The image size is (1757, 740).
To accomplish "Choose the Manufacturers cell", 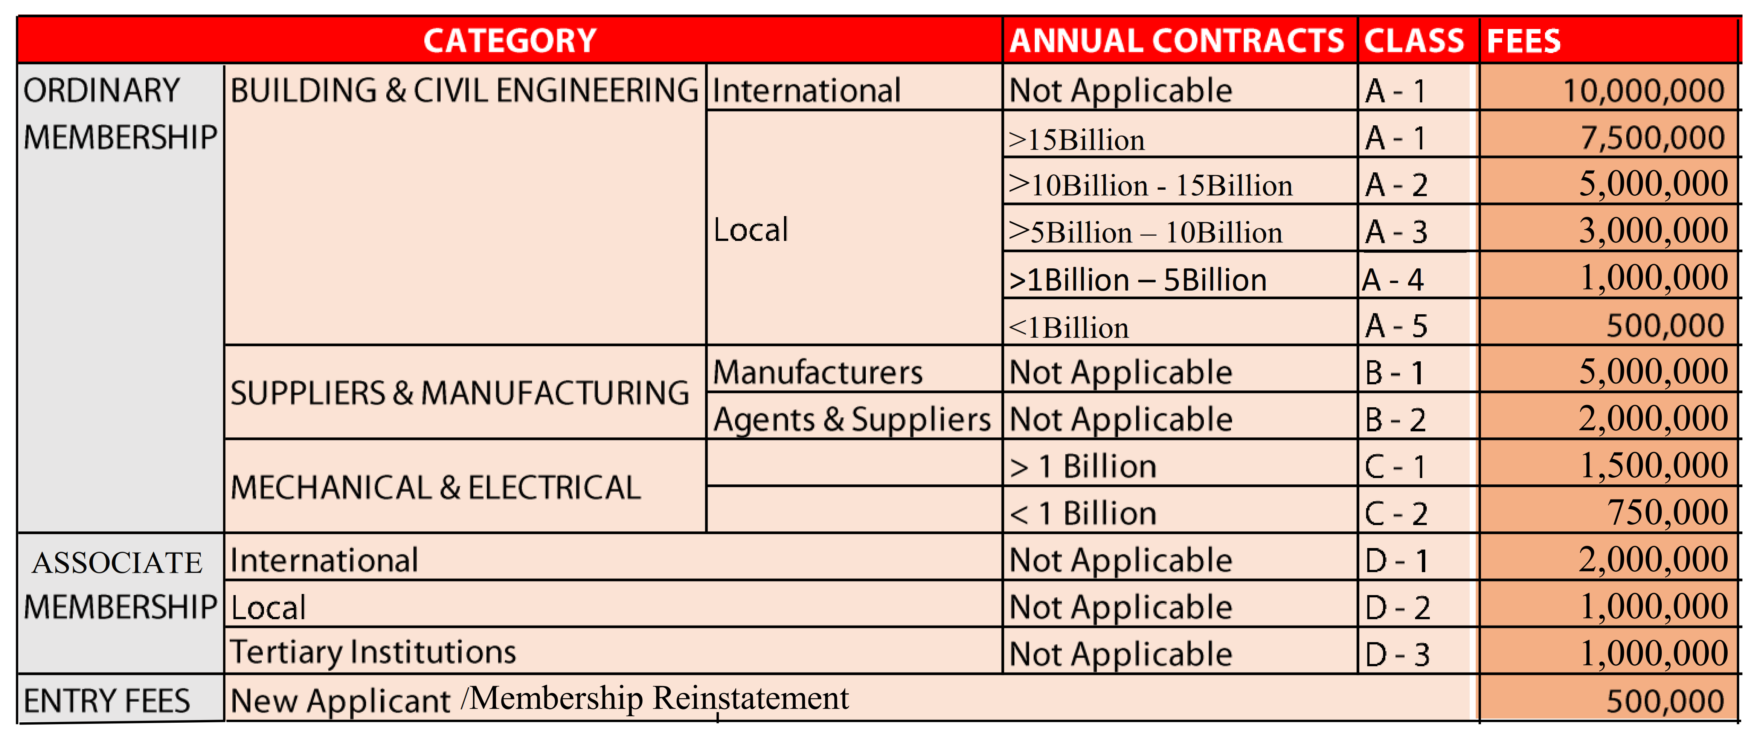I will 817,372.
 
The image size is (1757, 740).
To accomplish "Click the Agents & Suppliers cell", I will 851,419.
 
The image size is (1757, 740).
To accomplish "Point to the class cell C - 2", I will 1396,513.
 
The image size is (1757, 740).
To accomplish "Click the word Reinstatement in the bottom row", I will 750,698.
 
